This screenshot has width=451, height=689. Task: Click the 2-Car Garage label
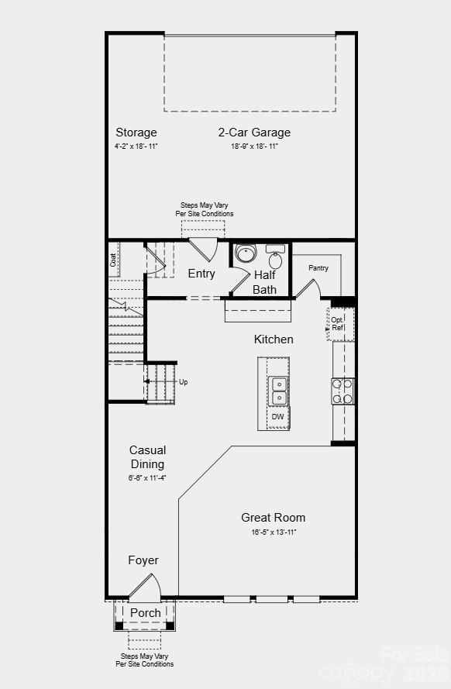click(254, 133)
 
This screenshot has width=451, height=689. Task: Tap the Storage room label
click(136, 133)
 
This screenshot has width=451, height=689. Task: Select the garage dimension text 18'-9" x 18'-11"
click(254, 146)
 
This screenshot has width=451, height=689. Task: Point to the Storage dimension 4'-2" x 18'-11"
click(136, 146)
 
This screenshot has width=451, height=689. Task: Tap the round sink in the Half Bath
click(246, 254)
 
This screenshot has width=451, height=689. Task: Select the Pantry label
click(318, 268)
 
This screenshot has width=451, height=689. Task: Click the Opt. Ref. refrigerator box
click(339, 324)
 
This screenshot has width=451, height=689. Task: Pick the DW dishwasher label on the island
click(277, 417)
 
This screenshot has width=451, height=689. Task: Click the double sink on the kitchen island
click(278, 391)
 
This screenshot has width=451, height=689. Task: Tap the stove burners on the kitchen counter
click(343, 391)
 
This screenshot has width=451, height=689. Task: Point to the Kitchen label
click(274, 339)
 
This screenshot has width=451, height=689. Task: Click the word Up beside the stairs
click(183, 382)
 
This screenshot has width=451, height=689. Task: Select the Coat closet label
click(113, 260)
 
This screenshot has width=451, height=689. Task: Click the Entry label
click(201, 274)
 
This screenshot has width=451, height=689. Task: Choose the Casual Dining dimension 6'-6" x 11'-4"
click(147, 478)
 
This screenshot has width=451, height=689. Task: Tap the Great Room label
click(273, 518)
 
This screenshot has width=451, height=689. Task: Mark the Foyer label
click(143, 560)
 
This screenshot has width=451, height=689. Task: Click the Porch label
click(146, 613)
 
